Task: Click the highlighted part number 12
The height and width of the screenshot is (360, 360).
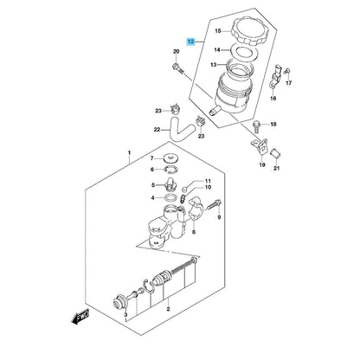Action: pos(191,42)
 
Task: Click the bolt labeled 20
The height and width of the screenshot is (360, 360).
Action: pos(177,68)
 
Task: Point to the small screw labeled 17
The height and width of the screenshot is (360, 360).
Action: pos(287,70)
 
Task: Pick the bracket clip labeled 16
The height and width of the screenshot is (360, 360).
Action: pos(275,76)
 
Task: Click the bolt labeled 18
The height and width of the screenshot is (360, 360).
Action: pos(256,126)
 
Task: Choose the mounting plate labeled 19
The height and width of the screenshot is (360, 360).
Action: pos(260,146)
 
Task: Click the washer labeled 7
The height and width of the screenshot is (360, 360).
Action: pos(172,158)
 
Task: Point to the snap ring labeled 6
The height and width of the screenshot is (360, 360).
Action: pos(172,170)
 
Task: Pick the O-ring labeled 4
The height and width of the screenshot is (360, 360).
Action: pos(170,198)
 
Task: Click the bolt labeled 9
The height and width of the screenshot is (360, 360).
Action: pos(214,204)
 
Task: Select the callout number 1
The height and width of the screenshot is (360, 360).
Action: pos(129,152)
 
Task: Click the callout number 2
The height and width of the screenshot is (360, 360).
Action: pos(168,309)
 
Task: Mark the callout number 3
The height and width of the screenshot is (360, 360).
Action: pos(125,314)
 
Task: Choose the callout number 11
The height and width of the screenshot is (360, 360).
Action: pos(208,181)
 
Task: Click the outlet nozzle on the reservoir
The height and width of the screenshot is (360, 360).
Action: pos(215,110)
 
